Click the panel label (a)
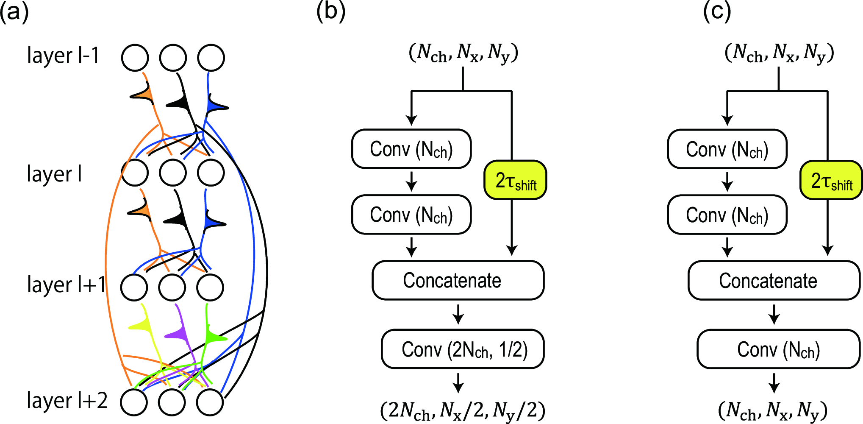click(x=14, y=11)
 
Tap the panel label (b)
click(x=331, y=11)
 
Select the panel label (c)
click(x=717, y=11)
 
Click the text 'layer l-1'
click(x=63, y=55)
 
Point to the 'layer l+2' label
click(x=67, y=400)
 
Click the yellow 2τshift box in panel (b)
click(x=515, y=180)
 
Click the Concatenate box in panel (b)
click(x=458, y=280)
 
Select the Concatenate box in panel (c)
click(x=774, y=280)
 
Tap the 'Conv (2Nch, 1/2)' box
click(x=463, y=349)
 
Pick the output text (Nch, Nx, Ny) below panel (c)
click(x=773, y=410)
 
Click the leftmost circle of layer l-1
click(x=135, y=58)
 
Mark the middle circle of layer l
click(x=173, y=173)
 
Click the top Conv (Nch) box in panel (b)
click(x=411, y=149)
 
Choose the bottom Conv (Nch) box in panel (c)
click(x=727, y=215)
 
